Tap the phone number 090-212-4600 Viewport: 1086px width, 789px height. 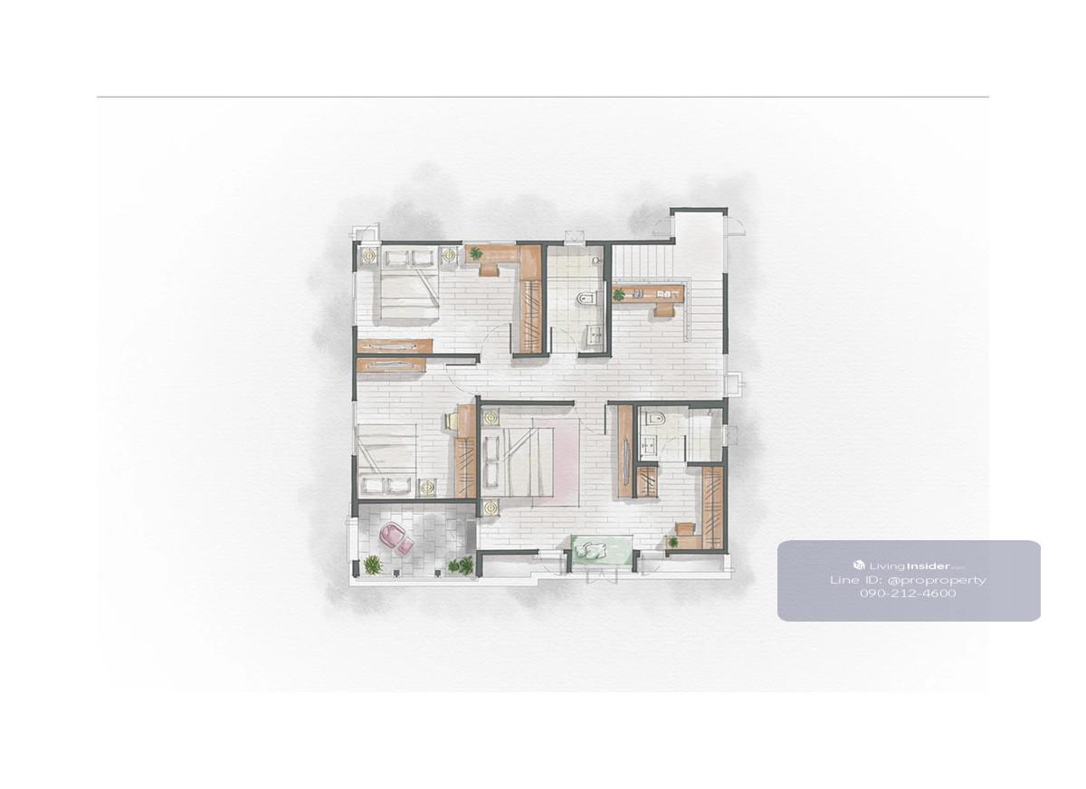pos(908,594)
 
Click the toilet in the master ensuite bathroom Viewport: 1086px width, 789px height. pos(658,417)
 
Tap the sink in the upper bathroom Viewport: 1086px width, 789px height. pos(594,336)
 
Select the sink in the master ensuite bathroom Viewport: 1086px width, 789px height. pos(649,443)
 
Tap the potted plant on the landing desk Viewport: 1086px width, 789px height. pos(619,294)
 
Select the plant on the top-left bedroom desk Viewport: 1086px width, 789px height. pos(476,252)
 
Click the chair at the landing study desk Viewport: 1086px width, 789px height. pos(663,309)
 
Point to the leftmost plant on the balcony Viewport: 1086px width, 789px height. pos(372,565)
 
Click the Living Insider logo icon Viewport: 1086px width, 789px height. pos(859,565)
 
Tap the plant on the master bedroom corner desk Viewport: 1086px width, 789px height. pos(673,542)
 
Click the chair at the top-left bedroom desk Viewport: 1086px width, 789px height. pos(491,269)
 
